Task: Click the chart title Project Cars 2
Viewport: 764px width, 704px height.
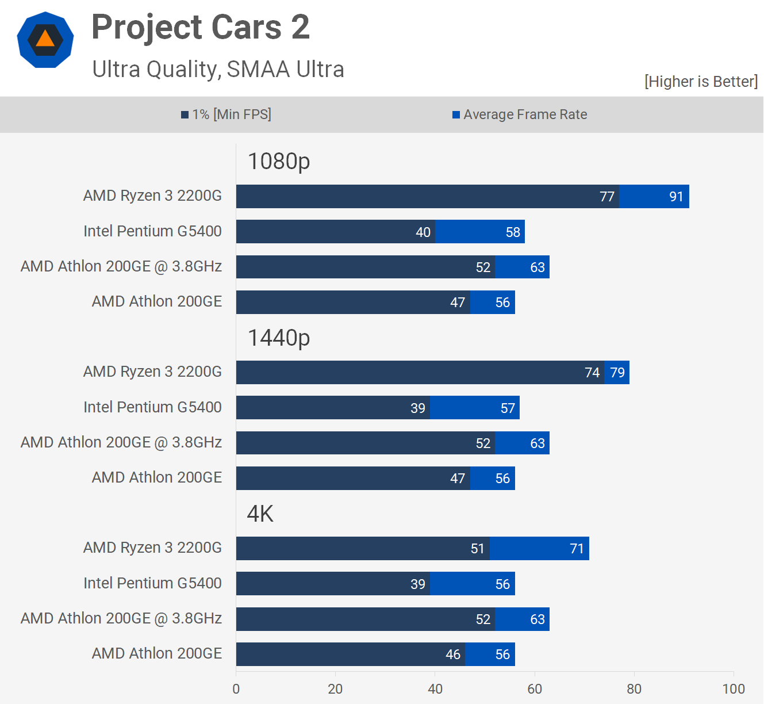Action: pyautogui.click(x=201, y=27)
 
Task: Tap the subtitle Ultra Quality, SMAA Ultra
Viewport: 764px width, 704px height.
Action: pyautogui.click(x=218, y=69)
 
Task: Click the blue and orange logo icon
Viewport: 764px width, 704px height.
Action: pyautogui.click(x=45, y=40)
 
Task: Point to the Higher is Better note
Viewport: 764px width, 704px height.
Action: pyautogui.click(x=701, y=82)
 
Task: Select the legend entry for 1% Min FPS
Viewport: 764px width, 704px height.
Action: pyautogui.click(x=226, y=114)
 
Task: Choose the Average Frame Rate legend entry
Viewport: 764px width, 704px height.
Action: pyautogui.click(x=520, y=114)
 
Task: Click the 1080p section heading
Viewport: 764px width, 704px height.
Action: pyautogui.click(x=279, y=162)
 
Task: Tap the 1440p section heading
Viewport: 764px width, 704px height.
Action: pyautogui.click(x=279, y=338)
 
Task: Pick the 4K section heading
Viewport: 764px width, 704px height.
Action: pyautogui.click(x=260, y=514)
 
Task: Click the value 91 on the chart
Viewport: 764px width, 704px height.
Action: pyautogui.click(x=676, y=197)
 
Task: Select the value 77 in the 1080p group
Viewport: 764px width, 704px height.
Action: pyautogui.click(x=607, y=197)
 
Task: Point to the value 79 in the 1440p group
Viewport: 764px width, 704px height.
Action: pyautogui.click(x=617, y=373)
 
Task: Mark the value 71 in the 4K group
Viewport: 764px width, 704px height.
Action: pyautogui.click(x=577, y=549)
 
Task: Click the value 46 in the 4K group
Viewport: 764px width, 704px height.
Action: pyautogui.click(x=453, y=655)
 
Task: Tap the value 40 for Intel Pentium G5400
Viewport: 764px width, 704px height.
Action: pyautogui.click(x=423, y=232)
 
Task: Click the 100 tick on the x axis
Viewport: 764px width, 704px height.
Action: pyautogui.click(x=734, y=689)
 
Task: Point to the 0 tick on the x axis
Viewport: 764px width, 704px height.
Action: pyautogui.click(x=236, y=689)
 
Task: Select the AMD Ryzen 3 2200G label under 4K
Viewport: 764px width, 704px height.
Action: pyautogui.click(x=152, y=548)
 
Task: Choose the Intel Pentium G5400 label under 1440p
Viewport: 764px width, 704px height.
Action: pyautogui.click(x=152, y=407)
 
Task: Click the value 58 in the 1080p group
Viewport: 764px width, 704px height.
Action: pyautogui.click(x=513, y=232)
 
